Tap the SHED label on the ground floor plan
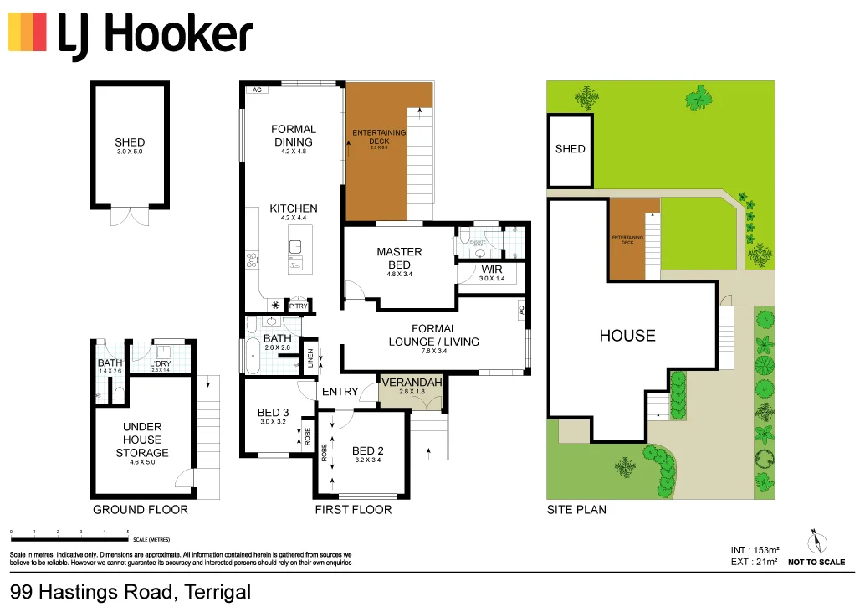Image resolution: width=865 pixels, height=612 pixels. click(x=130, y=142)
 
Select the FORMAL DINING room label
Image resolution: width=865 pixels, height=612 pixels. click(x=294, y=136)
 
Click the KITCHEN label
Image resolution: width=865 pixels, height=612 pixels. click(x=294, y=208)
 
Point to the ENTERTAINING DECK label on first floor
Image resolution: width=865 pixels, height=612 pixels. click(x=379, y=136)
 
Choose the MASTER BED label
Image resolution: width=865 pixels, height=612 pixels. click(x=399, y=258)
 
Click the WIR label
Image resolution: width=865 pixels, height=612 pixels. click(x=490, y=270)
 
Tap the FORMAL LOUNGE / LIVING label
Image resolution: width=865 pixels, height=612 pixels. click(x=434, y=335)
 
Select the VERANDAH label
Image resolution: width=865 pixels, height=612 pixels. click(x=412, y=383)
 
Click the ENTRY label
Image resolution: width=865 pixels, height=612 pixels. click(x=340, y=392)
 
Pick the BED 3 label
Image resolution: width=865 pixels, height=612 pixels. click(x=274, y=412)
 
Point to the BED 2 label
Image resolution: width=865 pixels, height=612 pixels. click(x=368, y=451)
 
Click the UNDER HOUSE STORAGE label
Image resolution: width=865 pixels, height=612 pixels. click(x=142, y=440)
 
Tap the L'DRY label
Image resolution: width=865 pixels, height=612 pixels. click(x=160, y=363)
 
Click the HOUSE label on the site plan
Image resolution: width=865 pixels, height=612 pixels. click(x=627, y=336)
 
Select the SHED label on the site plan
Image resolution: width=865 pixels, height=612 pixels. click(x=571, y=149)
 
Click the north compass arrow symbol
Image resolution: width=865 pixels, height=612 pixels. click(x=815, y=540)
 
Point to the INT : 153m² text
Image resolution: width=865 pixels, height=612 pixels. click(x=755, y=550)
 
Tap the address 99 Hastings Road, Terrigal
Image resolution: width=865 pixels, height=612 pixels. click(x=131, y=593)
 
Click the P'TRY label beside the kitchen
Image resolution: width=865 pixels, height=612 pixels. click(x=298, y=307)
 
